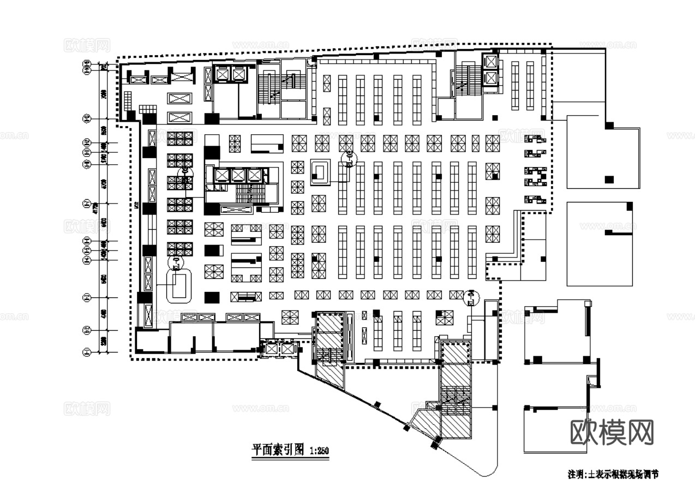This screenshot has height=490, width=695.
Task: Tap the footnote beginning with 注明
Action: pos(613,474)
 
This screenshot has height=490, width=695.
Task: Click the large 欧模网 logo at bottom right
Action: pos(612,433)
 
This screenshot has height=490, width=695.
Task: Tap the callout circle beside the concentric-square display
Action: pos(348,159)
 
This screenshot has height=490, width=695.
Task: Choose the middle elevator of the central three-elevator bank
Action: pos(238,175)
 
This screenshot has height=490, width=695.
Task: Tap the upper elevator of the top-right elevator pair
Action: pos(491,60)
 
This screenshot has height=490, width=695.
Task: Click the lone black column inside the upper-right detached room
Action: pos(609,178)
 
